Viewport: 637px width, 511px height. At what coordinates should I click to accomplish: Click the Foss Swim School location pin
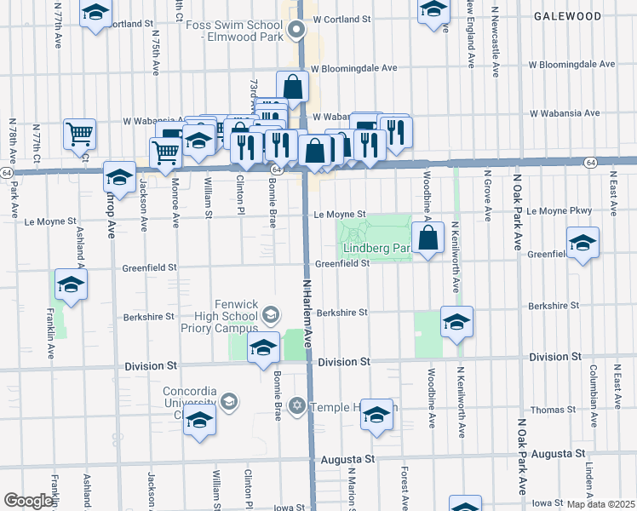click(x=296, y=32)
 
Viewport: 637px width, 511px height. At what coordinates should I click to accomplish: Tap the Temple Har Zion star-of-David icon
click(x=297, y=404)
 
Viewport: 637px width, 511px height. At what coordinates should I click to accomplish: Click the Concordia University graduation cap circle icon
click(x=228, y=400)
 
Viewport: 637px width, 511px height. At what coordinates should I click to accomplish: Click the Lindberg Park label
click(x=376, y=249)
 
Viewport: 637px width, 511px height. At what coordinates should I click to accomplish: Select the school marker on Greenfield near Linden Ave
click(x=582, y=243)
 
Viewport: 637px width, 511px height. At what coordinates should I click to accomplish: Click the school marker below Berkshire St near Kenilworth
click(x=456, y=322)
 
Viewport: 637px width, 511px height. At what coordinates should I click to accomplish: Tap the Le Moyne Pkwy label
click(x=560, y=210)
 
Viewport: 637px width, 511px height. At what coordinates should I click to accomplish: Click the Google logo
click(x=28, y=501)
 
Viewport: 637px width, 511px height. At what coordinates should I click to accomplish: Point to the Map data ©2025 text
click(x=601, y=504)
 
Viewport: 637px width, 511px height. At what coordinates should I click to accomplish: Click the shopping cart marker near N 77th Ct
click(x=79, y=133)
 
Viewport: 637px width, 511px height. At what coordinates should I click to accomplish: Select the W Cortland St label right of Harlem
click(x=342, y=18)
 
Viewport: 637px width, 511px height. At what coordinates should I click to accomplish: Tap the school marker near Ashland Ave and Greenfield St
click(x=71, y=285)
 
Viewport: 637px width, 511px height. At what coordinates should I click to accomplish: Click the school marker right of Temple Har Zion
click(x=376, y=415)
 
